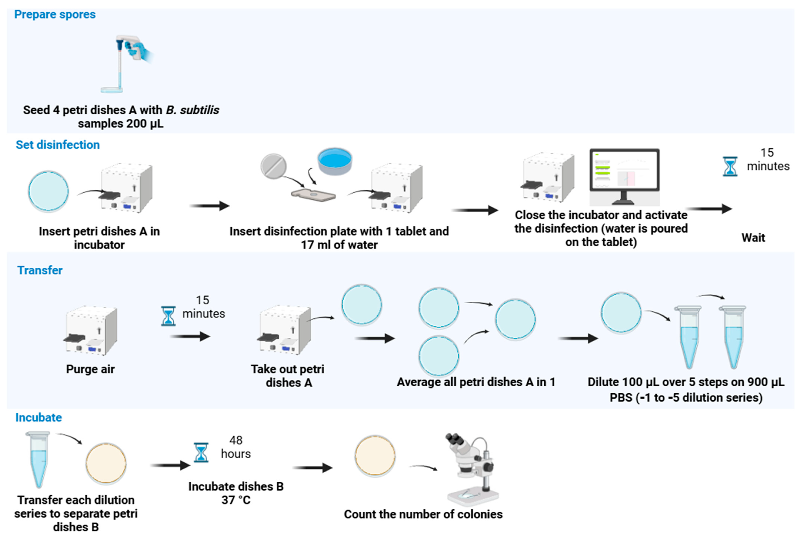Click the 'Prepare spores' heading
tap(55, 14)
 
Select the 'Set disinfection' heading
tap(58, 145)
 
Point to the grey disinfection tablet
tap(273, 166)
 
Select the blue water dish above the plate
tap(335, 161)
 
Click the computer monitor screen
tap(624, 170)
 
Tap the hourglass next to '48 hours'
tap(201, 452)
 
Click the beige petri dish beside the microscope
tap(375, 456)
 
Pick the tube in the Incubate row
tap(38, 459)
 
